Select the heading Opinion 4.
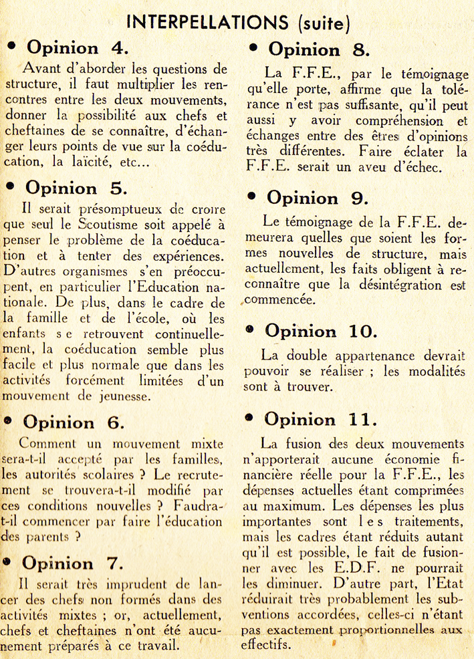[x=73, y=48]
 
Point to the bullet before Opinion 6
[x=9, y=421]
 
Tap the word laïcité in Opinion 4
[x=98, y=162]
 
